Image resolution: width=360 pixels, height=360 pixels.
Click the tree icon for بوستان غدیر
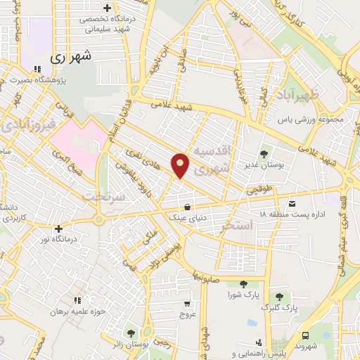click(264, 153)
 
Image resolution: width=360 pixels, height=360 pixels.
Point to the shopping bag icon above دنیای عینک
click(187, 207)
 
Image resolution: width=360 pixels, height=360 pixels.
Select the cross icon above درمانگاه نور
click(58, 229)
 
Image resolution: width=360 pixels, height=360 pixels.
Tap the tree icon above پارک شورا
click(243, 284)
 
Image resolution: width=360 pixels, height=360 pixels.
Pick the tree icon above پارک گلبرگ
click(280, 297)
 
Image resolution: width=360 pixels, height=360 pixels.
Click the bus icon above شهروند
click(306, 335)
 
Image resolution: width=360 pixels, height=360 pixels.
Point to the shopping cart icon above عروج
click(187, 304)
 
